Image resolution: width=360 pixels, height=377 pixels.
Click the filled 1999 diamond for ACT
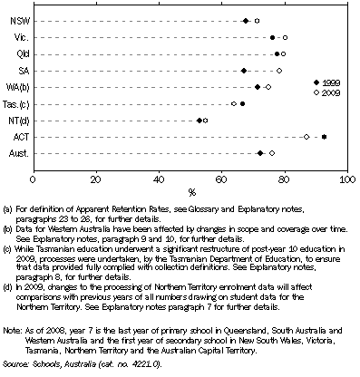pyautogui.click(x=324, y=137)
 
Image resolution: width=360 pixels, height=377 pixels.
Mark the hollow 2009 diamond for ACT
pyautogui.click(x=306, y=137)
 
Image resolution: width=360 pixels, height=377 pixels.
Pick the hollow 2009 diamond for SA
pyautogui.click(x=279, y=70)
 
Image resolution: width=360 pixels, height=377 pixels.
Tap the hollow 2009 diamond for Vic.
pyautogui.click(x=285, y=37)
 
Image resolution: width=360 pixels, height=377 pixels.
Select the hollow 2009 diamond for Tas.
pyautogui.click(x=234, y=103)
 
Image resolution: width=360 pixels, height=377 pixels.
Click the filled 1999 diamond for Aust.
pyautogui.click(x=260, y=153)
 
